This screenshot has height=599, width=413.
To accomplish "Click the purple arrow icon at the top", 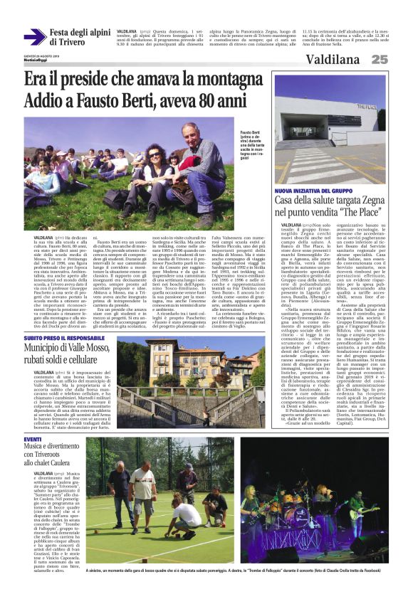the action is (x=35, y=37).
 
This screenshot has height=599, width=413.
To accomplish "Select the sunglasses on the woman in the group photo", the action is (x=154, y=154).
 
